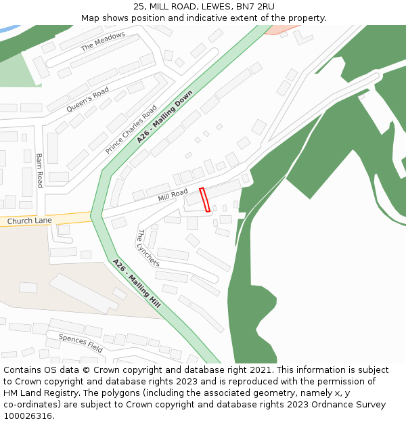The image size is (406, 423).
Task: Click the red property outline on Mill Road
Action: click(205, 200)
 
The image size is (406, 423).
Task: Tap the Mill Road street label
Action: click(173, 196)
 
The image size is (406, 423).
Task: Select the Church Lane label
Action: click(29, 221)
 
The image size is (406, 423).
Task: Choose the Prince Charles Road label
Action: click(131, 129)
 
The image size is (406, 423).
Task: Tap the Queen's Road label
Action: click(87, 100)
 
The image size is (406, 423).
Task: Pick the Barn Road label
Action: click(39, 170)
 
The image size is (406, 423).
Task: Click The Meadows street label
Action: click(103, 42)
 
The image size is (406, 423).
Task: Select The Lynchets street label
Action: click(148, 247)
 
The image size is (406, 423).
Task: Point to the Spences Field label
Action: click(81, 343)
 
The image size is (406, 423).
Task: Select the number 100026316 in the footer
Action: click(27, 416)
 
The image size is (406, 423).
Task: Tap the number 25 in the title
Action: click(139, 7)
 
